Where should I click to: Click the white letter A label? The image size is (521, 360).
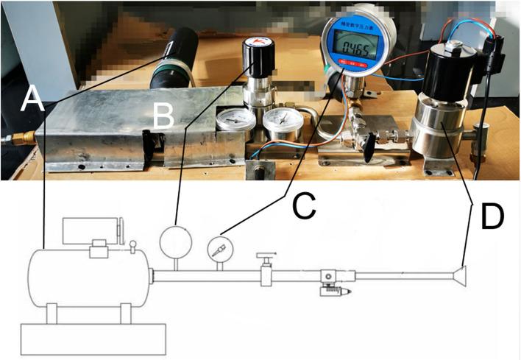coord(31,99)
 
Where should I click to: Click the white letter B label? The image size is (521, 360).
coord(164,116)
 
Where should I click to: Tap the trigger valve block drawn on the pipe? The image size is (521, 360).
coord(329,280)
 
